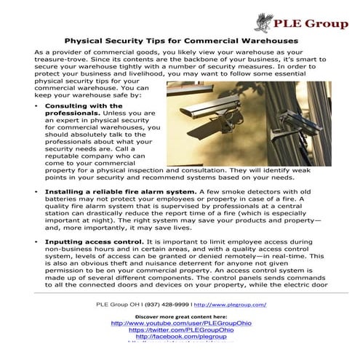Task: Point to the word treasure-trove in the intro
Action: pos(61,63)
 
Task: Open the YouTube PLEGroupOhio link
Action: pos(180,323)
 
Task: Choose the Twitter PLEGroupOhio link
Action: pos(180,330)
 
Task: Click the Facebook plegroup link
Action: pos(180,337)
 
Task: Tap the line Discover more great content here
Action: pos(180,316)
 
